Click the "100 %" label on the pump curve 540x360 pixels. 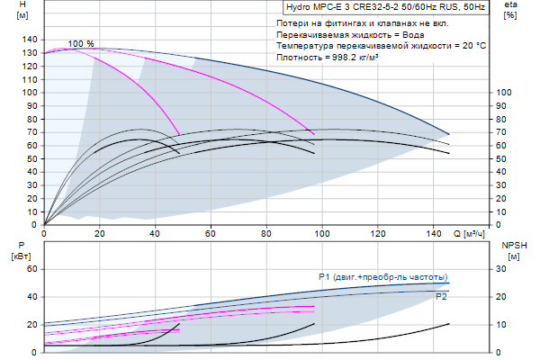[x=81, y=44]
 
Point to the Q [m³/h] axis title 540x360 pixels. [x=470, y=233]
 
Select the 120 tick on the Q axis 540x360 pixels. [x=379, y=233]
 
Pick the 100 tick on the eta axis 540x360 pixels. [x=504, y=93]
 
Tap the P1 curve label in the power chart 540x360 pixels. [x=382, y=276]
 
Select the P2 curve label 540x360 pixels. [x=441, y=295]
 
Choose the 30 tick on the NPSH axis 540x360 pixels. [x=501, y=269]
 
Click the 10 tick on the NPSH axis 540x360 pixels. [x=501, y=325]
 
